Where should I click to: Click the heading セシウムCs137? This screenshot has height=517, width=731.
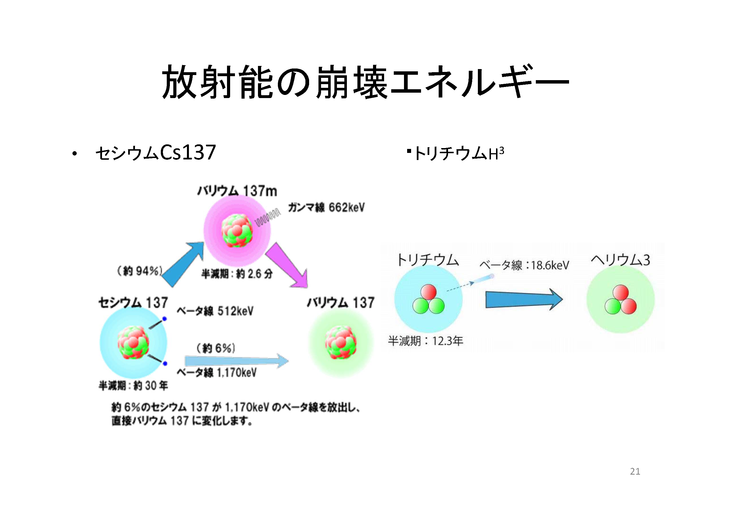[x=156, y=152]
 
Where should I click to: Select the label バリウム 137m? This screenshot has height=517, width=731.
[x=237, y=191]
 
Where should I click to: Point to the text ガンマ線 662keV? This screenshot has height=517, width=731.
[x=326, y=207]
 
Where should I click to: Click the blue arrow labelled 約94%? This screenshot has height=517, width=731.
[x=183, y=264]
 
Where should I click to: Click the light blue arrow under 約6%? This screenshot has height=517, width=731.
[x=237, y=361]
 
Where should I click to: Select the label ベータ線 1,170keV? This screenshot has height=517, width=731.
[x=216, y=372]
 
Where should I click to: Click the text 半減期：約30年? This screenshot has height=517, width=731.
[x=133, y=386]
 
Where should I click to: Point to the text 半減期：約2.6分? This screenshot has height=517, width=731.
[x=237, y=274]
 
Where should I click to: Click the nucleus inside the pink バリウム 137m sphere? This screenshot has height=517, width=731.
[x=237, y=230]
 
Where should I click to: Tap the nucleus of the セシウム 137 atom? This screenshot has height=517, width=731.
[x=133, y=342]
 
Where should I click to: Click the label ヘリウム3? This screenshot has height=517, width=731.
[x=620, y=260]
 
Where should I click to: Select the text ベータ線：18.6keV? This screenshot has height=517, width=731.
[x=524, y=265]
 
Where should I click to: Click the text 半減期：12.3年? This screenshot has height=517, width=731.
[x=425, y=341]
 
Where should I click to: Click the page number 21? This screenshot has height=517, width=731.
[x=635, y=471]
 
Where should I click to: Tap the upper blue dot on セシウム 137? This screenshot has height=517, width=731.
[x=164, y=319]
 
